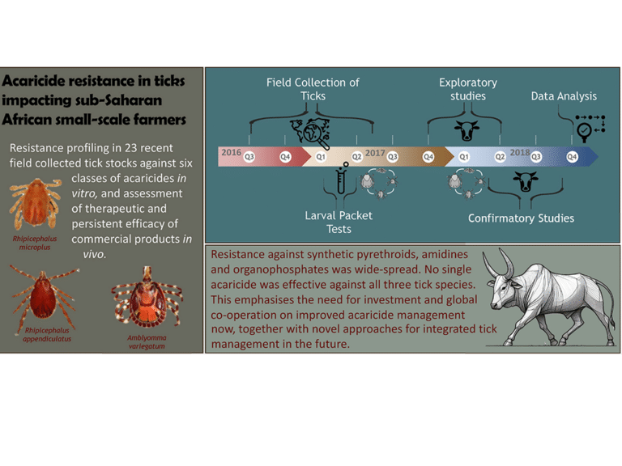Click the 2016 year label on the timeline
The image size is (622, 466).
coord(232,152)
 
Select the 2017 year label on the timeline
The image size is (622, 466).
coord(375,152)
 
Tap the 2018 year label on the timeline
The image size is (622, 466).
coord(519,152)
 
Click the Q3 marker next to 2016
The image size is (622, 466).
coord(249,156)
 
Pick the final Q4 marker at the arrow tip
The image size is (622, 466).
coord(572,156)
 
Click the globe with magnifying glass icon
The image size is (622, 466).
coord(307,130)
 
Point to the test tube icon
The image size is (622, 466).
coord(341,179)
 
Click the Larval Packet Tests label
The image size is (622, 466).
coord(339,222)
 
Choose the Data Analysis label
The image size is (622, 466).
coord(564,96)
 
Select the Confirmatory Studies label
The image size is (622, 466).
coord(521,218)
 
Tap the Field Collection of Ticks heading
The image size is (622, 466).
coord(313,89)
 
